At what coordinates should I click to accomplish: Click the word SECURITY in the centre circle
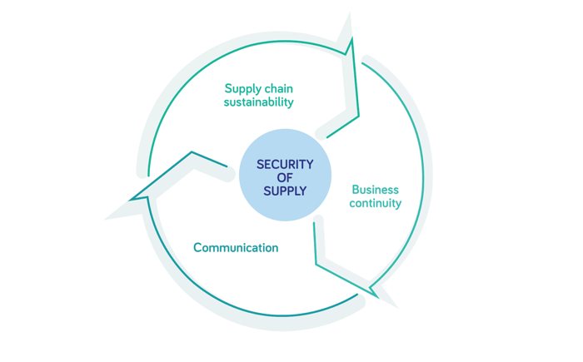point(285,164)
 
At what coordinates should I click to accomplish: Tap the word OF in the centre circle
point(285,177)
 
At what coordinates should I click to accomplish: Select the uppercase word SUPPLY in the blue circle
point(285,191)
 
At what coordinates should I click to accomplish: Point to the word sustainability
point(258,102)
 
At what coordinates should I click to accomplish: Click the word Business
point(375,190)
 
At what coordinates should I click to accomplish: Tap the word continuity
point(375,203)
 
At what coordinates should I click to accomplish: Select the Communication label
point(236,247)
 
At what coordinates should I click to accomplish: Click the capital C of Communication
point(198,247)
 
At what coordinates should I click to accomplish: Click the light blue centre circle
point(285,175)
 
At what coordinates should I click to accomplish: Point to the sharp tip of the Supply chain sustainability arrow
point(351,37)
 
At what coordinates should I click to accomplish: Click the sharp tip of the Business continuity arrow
point(378,298)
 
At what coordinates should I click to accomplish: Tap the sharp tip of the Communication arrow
point(130,200)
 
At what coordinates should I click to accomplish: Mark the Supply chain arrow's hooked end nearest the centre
point(327,137)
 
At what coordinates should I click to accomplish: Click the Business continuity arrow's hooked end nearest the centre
point(314,223)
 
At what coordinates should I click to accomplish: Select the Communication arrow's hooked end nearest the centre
point(227,166)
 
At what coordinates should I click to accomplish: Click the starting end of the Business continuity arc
point(362,63)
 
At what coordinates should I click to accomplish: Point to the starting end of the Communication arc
point(357,295)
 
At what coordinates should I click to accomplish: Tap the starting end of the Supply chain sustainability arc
point(148,176)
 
